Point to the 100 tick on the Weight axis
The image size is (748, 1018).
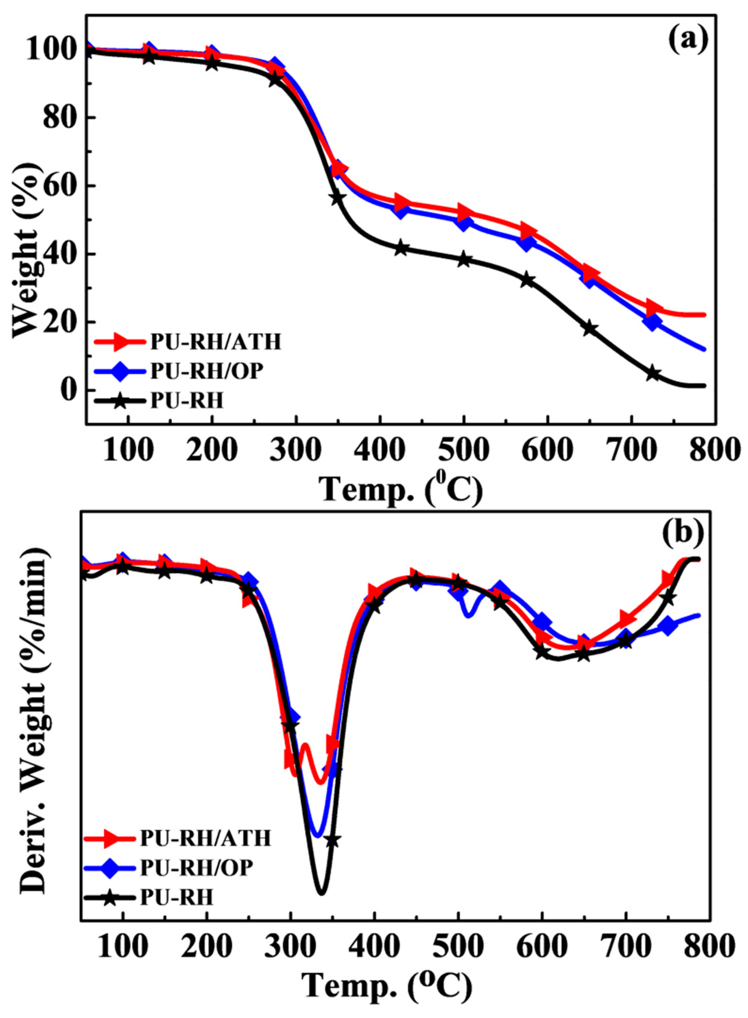[x=51, y=50]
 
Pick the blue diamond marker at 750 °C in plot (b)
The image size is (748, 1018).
[x=668, y=626]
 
